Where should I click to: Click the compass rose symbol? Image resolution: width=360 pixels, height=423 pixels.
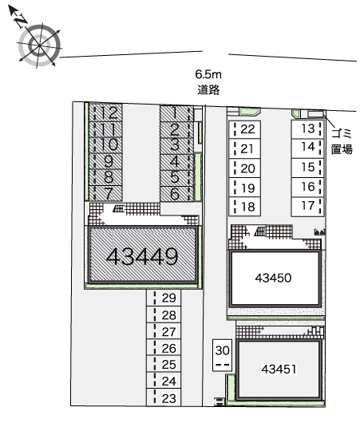[40, 45]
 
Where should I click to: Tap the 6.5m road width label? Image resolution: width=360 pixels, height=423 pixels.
[208, 74]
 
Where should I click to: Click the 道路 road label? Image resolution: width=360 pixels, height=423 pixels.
[208, 89]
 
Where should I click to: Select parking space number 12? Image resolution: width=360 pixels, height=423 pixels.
[106, 113]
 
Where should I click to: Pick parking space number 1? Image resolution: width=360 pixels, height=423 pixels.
[176, 113]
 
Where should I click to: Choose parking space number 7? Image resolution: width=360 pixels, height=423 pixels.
[106, 193]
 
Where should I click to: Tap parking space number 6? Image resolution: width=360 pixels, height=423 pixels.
[176, 194]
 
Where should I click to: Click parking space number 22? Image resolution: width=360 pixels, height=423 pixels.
[244, 129]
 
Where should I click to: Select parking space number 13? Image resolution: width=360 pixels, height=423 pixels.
[307, 129]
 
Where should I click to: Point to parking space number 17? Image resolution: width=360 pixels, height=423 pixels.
[307, 207]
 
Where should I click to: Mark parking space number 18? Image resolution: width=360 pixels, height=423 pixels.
[244, 207]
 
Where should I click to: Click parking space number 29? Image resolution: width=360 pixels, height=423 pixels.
[164, 298]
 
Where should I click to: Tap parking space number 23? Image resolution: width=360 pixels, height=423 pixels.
[164, 398]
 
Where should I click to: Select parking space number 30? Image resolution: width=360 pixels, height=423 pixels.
[222, 355]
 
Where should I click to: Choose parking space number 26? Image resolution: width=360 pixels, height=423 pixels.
[164, 348]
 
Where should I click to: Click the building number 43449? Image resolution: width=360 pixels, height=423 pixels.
[142, 256]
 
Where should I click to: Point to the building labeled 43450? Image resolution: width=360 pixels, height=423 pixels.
[273, 278]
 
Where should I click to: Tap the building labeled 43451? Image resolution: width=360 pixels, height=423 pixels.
[279, 369]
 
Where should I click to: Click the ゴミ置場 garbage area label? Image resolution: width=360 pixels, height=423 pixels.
[342, 140]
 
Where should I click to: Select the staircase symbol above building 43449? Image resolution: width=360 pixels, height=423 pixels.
[119, 208]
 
